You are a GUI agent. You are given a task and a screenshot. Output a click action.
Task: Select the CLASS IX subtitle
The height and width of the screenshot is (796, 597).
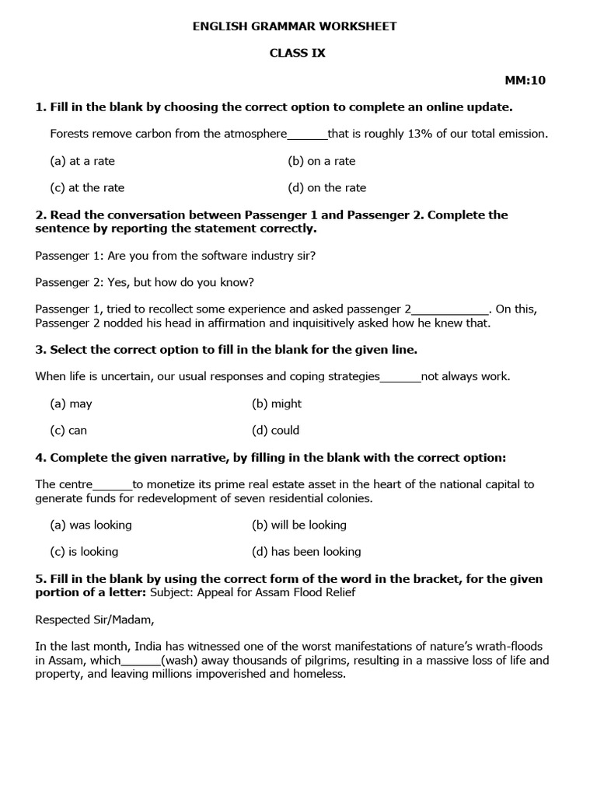pyautogui.click(x=297, y=53)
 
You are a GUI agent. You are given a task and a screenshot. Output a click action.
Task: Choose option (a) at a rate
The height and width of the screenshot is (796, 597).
pyautogui.click(x=82, y=161)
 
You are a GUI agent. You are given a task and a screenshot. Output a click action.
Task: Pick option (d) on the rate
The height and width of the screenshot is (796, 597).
pyautogui.click(x=326, y=187)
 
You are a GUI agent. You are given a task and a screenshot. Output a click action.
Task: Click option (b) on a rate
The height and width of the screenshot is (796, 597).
pyautogui.click(x=321, y=161)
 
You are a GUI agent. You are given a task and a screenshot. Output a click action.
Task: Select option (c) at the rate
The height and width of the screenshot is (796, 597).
pyautogui.click(x=87, y=187)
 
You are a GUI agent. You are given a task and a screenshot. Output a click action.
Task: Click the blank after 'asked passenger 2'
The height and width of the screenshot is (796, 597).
pyautogui.click(x=451, y=309)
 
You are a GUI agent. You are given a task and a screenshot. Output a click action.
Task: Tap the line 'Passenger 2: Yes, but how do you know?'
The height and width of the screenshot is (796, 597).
pyautogui.click(x=145, y=281)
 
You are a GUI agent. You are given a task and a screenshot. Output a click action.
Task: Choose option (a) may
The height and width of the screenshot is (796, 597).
pyautogui.click(x=71, y=403)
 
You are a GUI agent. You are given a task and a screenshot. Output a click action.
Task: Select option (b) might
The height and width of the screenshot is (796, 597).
pyautogui.click(x=277, y=403)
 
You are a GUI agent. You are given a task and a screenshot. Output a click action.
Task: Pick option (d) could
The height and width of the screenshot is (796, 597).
pyautogui.click(x=275, y=430)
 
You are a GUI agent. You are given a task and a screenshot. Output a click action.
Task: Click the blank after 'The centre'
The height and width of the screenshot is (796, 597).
pyautogui.click(x=113, y=484)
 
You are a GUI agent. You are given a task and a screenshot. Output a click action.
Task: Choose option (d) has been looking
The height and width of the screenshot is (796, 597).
pyautogui.click(x=306, y=551)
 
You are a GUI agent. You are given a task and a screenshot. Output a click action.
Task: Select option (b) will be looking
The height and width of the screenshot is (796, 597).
pyautogui.click(x=299, y=525)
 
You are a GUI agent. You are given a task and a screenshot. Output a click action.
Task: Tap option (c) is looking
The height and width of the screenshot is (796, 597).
pyautogui.click(x=84, y=551)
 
